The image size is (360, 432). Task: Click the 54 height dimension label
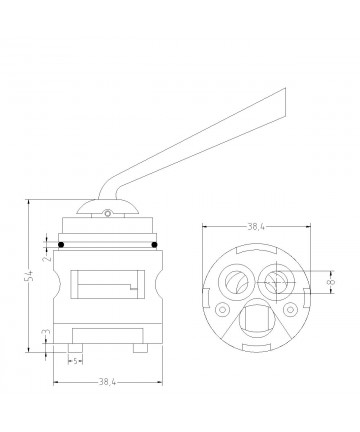30,275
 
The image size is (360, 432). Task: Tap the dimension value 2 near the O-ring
49,257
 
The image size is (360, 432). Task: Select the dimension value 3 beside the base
47,332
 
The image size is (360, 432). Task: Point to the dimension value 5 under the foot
76,361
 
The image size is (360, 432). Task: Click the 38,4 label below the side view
107,382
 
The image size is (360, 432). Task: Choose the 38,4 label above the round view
256,227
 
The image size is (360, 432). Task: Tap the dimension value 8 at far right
331,282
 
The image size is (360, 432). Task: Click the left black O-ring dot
61,245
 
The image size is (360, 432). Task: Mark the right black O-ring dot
154,245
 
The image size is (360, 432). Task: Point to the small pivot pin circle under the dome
107,213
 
